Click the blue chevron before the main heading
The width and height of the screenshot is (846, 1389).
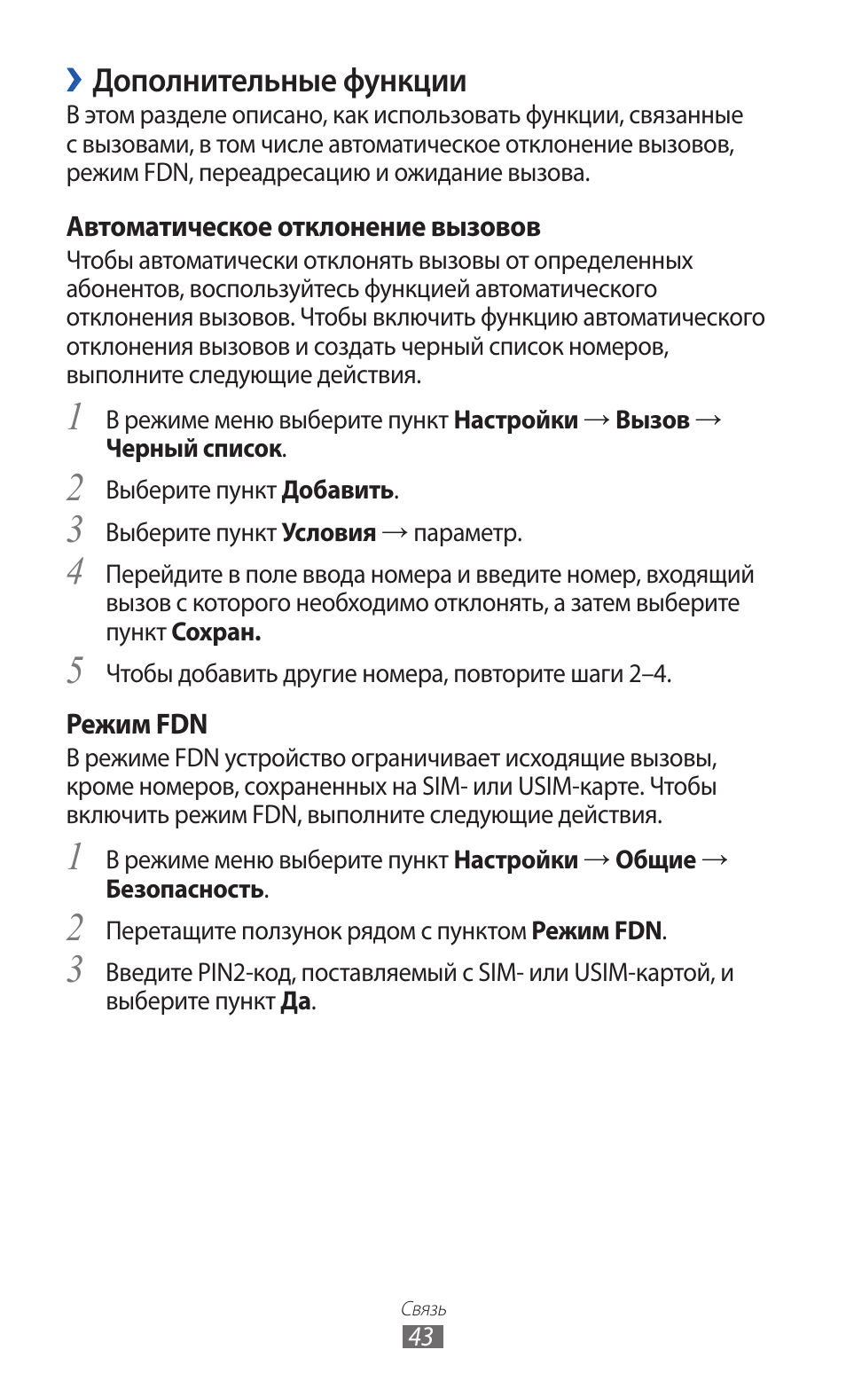[x=74, y=81]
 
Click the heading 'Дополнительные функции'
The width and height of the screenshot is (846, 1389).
[x=278, y=81]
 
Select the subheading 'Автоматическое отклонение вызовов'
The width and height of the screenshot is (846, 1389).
[x=303, y=227]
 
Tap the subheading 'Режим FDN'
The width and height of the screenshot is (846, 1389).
[x=137, y=724]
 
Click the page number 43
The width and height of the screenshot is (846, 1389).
[x=422, y=1337]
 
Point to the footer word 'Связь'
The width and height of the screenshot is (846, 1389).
[x=423, y=1309]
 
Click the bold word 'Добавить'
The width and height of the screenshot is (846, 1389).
[x=338, y=490]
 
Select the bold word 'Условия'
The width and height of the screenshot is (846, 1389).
[x=328, y=533]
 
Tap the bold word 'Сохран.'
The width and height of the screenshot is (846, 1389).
[x=215, y=632]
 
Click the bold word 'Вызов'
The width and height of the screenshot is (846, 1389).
[x=652, y=420]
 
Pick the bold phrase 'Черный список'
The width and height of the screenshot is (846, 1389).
[x=193, y=449]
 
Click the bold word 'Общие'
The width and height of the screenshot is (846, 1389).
[x=655, y=860]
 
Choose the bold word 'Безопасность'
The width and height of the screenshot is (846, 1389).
[x=184, y=889]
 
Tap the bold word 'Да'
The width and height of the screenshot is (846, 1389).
[x=296, y=1001]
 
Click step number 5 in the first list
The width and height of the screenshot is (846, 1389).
[x=76, y=671]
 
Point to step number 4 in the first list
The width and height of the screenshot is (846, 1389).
[x=76, y=572]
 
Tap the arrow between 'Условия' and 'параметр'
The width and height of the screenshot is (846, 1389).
[x=395, y=533]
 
